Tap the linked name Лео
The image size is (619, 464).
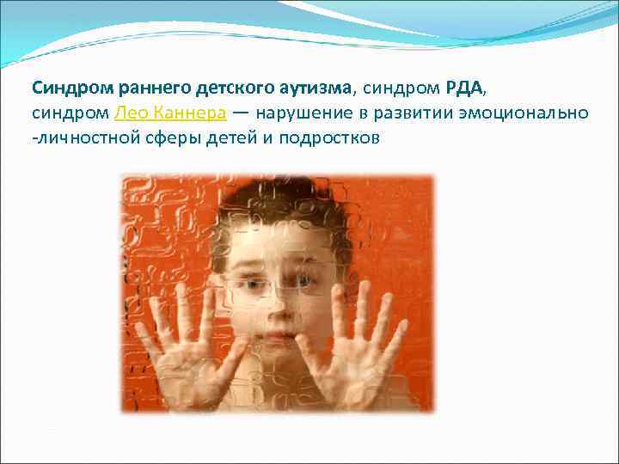(x=129, y=113)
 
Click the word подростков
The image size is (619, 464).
(x=330, y=137)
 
